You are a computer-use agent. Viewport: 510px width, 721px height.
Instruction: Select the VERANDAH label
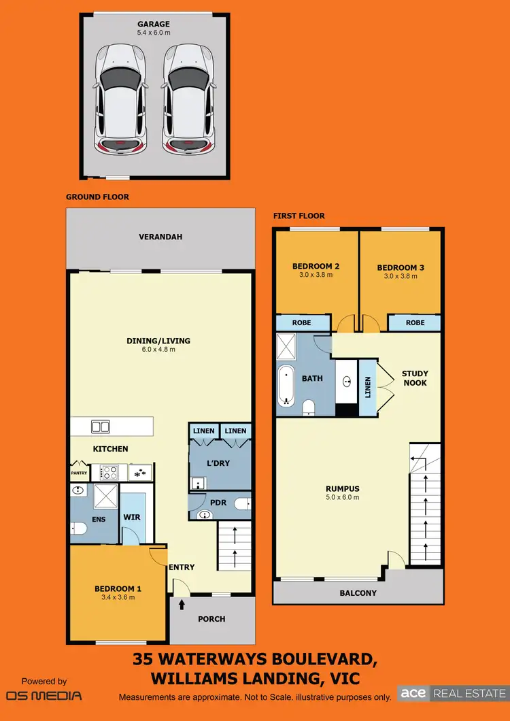point(160,237)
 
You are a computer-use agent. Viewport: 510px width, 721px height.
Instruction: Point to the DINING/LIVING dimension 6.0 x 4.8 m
point(158,350)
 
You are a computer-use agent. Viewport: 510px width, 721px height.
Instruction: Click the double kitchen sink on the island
point(100,427)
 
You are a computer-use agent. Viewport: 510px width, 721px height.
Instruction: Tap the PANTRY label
point(79,471)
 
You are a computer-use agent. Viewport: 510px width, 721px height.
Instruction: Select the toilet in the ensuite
point(78,529)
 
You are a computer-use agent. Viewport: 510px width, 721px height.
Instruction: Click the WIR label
point(131,517)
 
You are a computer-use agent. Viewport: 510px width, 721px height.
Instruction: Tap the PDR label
point(218,503)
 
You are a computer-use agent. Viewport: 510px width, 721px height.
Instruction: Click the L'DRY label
point(217,463)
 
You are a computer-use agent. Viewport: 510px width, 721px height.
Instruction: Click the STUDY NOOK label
point(414,378)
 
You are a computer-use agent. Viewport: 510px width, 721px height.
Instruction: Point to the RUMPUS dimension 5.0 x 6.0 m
point(341,497)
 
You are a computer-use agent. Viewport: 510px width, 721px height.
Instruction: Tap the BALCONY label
point(357,592)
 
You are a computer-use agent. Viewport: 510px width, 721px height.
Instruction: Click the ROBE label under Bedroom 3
point(415,322)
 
